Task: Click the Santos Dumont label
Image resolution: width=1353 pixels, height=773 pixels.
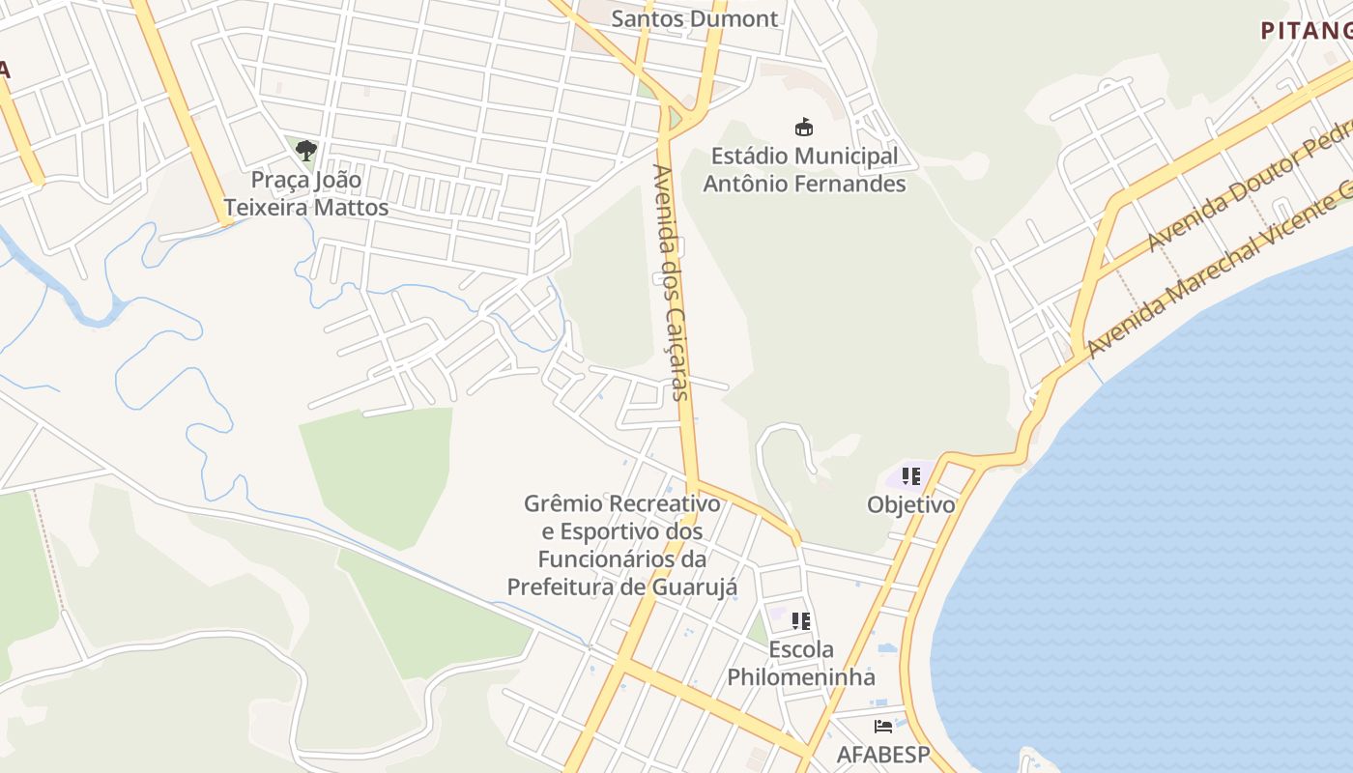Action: click(695, 18)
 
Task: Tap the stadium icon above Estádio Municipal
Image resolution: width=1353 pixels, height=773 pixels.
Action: click(803, 127)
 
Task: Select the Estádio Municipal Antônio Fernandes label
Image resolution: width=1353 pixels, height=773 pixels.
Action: click(804, 169)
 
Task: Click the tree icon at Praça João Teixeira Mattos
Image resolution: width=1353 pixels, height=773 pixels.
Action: click(306, 151)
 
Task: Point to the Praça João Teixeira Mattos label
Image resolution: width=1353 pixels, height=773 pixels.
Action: click(306, 193)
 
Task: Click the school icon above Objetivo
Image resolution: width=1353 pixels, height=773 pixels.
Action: click(910, 475)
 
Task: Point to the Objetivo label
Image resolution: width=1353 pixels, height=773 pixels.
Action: click(910, 504)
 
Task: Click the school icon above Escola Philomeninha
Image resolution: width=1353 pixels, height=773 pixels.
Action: click(801, 620)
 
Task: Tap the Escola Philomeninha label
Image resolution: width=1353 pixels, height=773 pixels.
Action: click(801, 663)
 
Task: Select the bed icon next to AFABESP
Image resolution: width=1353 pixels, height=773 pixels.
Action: click(883, 726)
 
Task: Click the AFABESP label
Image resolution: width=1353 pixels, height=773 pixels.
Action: click(882, 754)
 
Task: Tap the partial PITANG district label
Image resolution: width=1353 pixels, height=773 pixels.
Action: click(1306, 30)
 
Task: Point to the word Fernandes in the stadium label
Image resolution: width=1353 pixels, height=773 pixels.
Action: click(852, 184)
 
